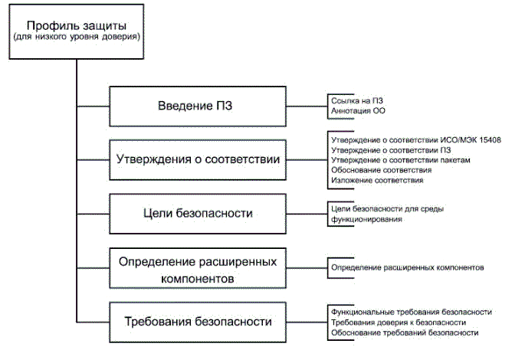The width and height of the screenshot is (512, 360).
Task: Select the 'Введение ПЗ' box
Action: [x=195, y=105]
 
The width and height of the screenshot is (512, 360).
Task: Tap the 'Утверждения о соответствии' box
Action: [x=195, y=160]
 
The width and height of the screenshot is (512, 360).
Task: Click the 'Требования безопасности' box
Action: [x=195, y=321]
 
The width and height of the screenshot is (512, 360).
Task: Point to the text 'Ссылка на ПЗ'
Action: [x=356, y=100]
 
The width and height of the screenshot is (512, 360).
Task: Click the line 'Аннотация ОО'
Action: [x=358, y=111]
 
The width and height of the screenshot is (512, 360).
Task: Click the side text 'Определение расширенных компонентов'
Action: [x=407, y=268]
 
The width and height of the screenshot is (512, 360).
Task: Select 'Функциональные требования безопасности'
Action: [x=410, y=313]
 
